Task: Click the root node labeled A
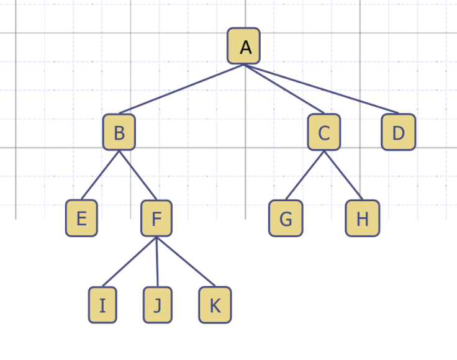pyautogui.click(x=243, y=46)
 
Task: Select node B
pyautogui.click(x=119, y=132)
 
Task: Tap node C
pyautogui.click(x=324, y=132)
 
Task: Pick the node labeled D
pyautogui.click(x=398, y=132)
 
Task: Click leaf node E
pyautogui.click(x=81, y=218)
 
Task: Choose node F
pyautogui.click(x=156, y=218)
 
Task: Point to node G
pyautogui.click(x=286, y=218)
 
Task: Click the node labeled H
pyautogui.click(x=363, y=218)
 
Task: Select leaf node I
pyautogui.click(x=102, y=305)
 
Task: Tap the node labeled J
pyautogui.click(x=158, y=305)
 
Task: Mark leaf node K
pyautogui.click(x=215, y=305)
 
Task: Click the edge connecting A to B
pyautogui.click(x=181, y=89)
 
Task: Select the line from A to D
pyautogui.click(x=321, y=89)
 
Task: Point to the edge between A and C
pyautogui.click(x=284, y=89)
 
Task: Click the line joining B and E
pyautogui.click(x=100, y=175)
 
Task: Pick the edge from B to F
pyautogui.click(x=138, y=175)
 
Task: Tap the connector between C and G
pyautogui.click(x=305, y=175)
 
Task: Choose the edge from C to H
pyautogui.click(x=343, y=175)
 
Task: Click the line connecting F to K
pyautogui.click(x=186, y=261)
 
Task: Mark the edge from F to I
pyautogui.click(x=129, y=261)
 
